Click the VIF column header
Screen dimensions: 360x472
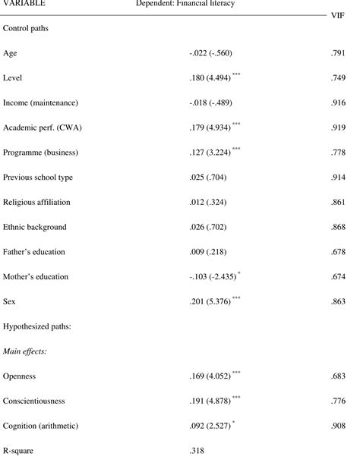tap(346, 14)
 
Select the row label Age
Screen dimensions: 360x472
tap(11, 53)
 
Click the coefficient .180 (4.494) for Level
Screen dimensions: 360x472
tap(211, 78)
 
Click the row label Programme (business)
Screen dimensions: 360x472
tap(42, 152)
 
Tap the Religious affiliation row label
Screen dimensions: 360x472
tap(37, 202)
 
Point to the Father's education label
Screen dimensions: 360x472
tap(34, 251)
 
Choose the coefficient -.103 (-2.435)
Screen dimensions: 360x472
tap(213, 276)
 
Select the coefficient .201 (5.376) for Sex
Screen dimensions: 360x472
tap(211, 301)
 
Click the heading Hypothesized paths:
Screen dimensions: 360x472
tap(38, 326)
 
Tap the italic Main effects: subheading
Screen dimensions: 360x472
tap(26, 351)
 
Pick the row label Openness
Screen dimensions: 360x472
tap(20, 376)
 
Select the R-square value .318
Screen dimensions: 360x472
tap(197, 450)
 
